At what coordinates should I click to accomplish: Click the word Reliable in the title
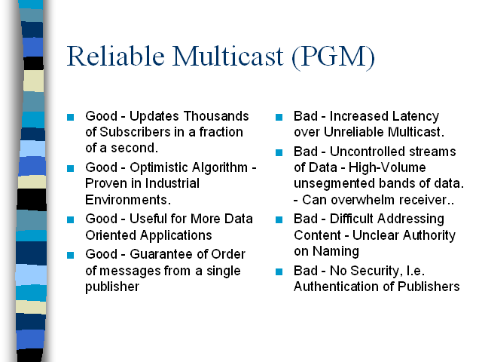pos(115,56)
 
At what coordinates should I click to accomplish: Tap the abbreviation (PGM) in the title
pos(333,57)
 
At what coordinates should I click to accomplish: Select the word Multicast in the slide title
pos(227,56)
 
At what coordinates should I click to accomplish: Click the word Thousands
pos(216,116)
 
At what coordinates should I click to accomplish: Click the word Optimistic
pos(166,167)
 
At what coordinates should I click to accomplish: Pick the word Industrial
pos(172,183)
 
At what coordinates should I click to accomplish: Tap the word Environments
pos(128,200)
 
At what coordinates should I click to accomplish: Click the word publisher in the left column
pos(112,287)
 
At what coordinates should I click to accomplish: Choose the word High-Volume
pos(387,167)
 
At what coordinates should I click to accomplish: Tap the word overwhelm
pos(363,200)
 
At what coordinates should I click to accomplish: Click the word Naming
pos(336,251)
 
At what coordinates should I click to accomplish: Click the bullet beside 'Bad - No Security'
pos(279,271)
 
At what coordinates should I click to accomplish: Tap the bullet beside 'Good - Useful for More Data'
pos(70,219)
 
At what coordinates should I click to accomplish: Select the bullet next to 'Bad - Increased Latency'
pos(279,118)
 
